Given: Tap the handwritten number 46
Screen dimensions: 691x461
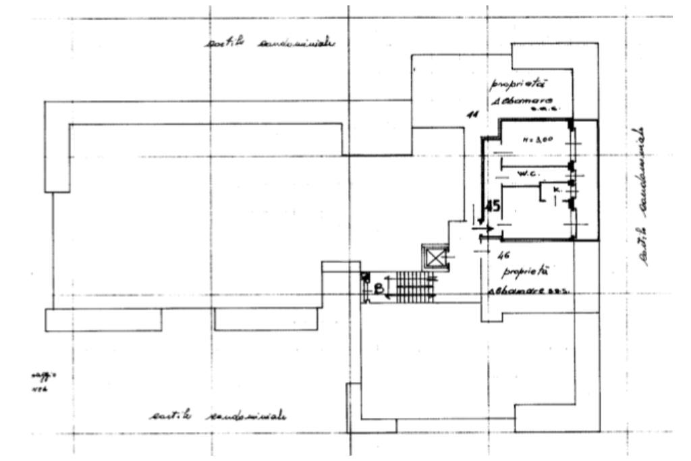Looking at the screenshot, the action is tap(501, 255).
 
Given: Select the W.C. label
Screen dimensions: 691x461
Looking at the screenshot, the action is tap(526, 173).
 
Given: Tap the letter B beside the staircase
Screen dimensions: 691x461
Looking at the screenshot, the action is tap(378, 288).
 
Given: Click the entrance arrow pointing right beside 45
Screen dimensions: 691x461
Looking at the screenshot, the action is tap(483, 229).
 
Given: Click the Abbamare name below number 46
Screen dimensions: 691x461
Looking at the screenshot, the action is tap(520, 291).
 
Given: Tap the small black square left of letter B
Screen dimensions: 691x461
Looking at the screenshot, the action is tap(365, 276).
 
